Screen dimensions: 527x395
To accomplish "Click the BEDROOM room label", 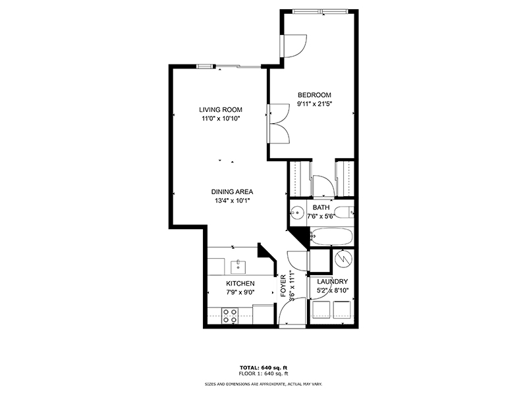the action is (x=314, y=95).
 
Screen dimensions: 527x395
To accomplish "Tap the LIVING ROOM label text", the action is (x=221, y=110).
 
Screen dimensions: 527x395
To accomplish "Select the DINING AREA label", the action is (x=232, y=192).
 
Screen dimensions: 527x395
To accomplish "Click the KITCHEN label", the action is (x=240, y=284).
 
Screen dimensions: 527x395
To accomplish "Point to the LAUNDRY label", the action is (x=333, y=282).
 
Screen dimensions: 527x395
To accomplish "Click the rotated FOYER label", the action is (x=283, y=286).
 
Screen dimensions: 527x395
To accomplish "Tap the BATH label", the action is (x=321, y=207).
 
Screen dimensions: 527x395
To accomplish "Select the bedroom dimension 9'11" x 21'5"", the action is (x=315, y=104).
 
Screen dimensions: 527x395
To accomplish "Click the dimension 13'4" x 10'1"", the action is (x=233, y=201).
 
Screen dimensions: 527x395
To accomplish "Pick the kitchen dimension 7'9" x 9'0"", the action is (x=240, y=292).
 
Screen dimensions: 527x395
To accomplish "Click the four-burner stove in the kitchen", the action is (x=230, y=316).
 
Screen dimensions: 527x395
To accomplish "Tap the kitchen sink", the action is (x=238, y=267).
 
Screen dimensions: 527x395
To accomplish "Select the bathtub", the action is (x=331, y=237).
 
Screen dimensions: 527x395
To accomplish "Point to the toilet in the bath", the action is (x=345, y=212).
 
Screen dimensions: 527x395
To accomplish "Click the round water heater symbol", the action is (x=344, y=258).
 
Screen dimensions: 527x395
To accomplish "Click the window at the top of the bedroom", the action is (x=320, y=12).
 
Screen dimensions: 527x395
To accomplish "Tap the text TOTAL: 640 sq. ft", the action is (x=263, y=367).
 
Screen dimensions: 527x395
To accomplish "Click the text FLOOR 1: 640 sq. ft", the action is (x=263, y=373).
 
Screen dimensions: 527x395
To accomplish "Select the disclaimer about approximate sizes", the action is (x=263, y=384).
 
